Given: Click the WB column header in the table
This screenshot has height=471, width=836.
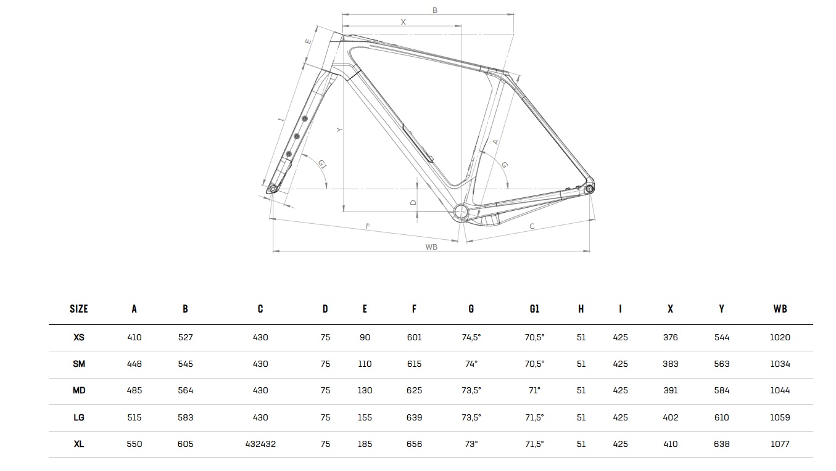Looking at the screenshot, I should pyautogui.click(x=780, y=309).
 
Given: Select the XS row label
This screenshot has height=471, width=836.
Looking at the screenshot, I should pyautogui.click(x=79, y=337).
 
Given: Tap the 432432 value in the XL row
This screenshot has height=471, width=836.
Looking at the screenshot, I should pyautogui.click(x=260, y=444).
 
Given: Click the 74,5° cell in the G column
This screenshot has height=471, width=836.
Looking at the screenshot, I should pyautogui.click(x=471, y=337).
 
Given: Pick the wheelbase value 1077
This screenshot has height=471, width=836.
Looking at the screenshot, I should pyautogui.click(x=780, y=444).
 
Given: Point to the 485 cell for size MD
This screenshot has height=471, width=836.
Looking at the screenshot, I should pyautogui.click(x=134, y=390).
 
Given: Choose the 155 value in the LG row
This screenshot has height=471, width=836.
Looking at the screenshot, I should pyautogui.click(x=365, y=417).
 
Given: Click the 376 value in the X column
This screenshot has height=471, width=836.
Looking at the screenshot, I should pyautogui.click(x=670, y=337).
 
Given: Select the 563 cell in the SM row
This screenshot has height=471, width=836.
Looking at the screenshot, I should pyautogui.click(x=721, y=364).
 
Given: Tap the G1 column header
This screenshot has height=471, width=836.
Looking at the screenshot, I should pyautogui.click(x=534, y=309).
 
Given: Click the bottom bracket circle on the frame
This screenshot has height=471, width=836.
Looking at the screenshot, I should pyautogui.click(x=461, y=212).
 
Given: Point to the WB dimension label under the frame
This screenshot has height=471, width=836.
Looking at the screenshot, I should pyautogui.click(x=431, y=247).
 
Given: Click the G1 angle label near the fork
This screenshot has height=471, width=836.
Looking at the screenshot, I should pyautogui.click(x=322, y=164).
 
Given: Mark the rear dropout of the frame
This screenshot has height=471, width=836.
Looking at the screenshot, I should pyautogui.click(x=590, y=188).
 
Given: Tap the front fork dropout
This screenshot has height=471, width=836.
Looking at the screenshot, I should pyautogui.click(x=272, y=189).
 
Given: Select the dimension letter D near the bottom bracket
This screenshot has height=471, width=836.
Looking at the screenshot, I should pyautogui.click(x=413, y=202).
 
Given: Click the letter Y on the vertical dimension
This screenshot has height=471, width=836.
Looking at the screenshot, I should pyautogui.click(x=339, y=130).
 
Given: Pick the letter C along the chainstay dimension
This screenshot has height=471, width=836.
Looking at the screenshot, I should pyautogui.click(x=532, y=227).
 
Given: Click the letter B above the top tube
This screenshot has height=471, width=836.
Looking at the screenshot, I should pyautogui.click(x=434, y=10).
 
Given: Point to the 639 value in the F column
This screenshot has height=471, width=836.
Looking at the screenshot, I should pyautogui.click(x=414, y=417).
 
